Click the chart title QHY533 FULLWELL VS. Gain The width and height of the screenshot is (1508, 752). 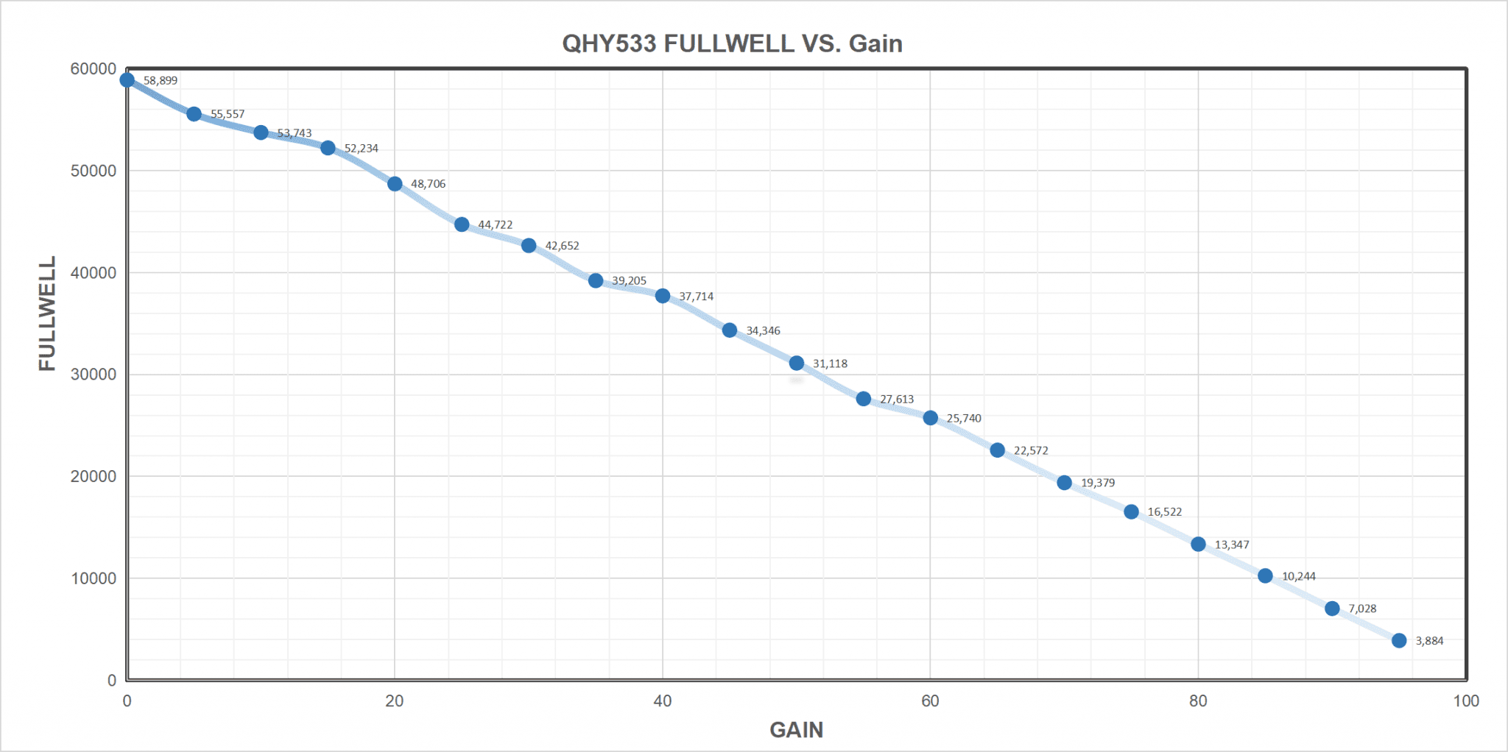click(x=732, y=43)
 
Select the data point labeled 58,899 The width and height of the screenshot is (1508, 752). click(x=127, y=80)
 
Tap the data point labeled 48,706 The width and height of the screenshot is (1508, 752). click(x=395, y=184)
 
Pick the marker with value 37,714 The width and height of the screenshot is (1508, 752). click(x=663, y=296)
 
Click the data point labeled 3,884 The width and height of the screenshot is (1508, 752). click(x=1399, y=641)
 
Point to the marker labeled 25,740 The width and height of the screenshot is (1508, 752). click(x=931, y=418)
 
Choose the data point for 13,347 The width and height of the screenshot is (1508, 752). click(x=1198, y=545)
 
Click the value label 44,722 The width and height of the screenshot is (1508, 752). click(x=495, y=225)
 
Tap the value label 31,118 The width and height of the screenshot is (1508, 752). click(x=830, y=363)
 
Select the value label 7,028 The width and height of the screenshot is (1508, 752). click(x=1362, y=609)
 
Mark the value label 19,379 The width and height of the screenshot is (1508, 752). click(x=1098, y=483)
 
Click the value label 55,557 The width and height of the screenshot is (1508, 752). click(x=228, y=114)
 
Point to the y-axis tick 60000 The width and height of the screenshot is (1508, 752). click(x=94, y=69)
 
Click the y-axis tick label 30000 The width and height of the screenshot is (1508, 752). click(x=94, y=375)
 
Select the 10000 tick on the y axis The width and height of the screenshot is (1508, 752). click(x=94, y=578)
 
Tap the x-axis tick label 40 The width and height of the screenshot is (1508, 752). click(x=663, y=701)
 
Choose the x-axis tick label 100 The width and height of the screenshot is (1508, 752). click(x=1466, y=701)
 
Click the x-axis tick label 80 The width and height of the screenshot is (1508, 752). click(x=1198, y=701)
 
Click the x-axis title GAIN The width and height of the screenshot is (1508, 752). click(x=796, y=730)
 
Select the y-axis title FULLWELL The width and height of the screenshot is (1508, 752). click(x=48, y=313)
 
